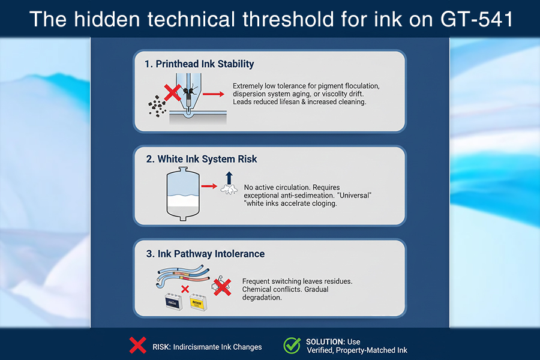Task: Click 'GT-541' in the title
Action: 477,19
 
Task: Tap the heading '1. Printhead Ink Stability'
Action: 199,64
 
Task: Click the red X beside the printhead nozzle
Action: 172,92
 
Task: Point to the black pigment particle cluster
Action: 157,106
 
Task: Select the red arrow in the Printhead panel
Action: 213,94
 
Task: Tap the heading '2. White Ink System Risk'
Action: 202,159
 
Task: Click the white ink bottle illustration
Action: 183,194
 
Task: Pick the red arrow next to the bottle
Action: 209,187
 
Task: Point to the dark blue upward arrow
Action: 229,178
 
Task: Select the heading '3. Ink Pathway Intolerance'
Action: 205,254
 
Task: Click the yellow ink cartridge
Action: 198,302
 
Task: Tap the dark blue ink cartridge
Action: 173,302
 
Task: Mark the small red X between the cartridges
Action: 185,289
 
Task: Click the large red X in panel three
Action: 222,287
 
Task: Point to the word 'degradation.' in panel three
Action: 262,298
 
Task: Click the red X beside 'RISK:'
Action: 138,345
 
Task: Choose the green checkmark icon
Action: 292,346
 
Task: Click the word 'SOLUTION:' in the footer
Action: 325,342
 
